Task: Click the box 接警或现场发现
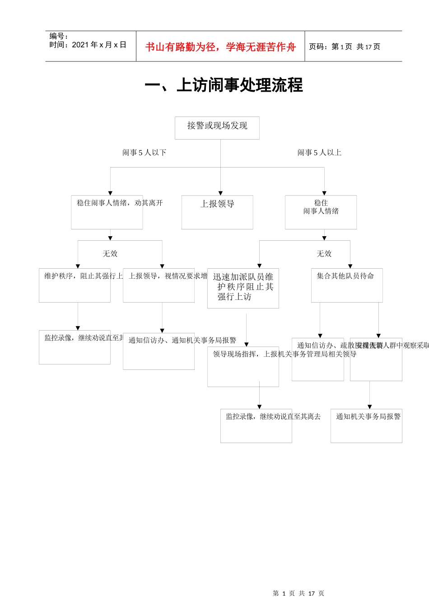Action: (x=217, y=128)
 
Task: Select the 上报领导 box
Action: (x=217, y=212)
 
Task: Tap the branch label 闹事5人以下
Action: (x=145, y=153)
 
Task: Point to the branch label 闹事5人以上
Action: (x=319, y=153)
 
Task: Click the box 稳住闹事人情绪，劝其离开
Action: (x=107, y=212)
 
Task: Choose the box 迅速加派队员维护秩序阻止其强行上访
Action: (x=243, y=288)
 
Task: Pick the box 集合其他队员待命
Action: (x=347, y=285)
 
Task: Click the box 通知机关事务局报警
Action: (x=366, y=425)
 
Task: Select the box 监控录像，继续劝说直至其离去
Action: (x=256, y=425)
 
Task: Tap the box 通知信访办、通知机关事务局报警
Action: (x=159, y=351)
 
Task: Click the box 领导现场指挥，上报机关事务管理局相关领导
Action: (x=243, y=366)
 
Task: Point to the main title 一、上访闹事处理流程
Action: (x=224, y=85)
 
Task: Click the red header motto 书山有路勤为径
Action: (x=220, y=47)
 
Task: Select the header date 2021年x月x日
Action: (x=99, y=45)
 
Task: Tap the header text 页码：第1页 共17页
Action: (x=345, y=47)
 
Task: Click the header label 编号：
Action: (x=59, y=36)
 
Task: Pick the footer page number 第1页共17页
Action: (x=298, y=593)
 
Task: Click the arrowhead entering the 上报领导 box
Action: (x=220, y=193)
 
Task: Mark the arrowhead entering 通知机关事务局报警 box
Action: (x=369, y=407)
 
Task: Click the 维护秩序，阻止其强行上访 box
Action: (x=75, y=285)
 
